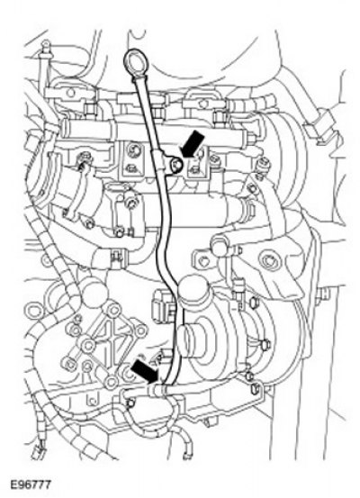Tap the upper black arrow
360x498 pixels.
click(x=193, y=143)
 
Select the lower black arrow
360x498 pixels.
click(x=145, y=372)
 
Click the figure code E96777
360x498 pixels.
click(x=31, y=485)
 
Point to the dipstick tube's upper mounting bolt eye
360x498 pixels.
click(x=175, y=165)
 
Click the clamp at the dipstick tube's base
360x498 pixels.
click(x=157, y=390)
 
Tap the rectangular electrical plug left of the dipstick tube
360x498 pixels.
click(x=161, y=301)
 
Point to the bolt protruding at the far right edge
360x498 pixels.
click(x=323, y=293)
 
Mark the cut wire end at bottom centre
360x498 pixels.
click(x=186, y=453)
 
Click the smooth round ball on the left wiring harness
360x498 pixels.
click(x=94, y=294)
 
